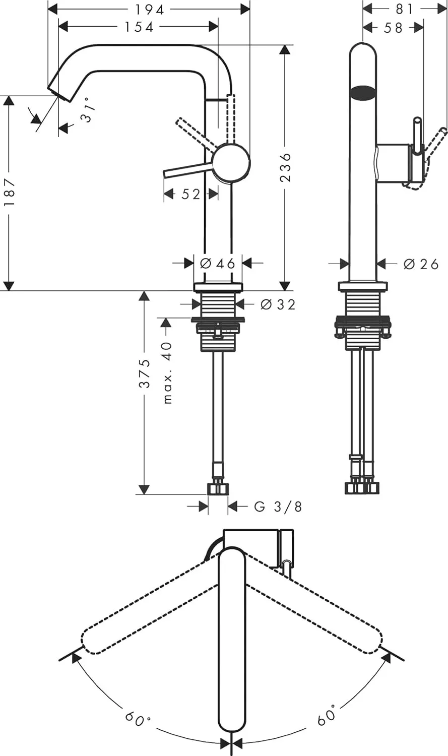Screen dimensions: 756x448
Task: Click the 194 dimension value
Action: pos(150,10)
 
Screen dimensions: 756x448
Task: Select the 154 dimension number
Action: pos(139,27)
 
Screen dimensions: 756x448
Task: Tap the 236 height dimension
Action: pos(285,167)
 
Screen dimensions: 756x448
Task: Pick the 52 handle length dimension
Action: pos(190,194)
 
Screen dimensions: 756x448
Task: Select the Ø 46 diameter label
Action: pos(218,263)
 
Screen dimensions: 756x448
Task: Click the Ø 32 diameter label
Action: pos(278,304)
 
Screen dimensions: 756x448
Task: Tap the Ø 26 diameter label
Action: pos(421,264)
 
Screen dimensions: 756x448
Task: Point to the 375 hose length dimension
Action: pos(145,373)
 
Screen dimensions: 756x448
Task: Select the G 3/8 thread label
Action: pos(278,507)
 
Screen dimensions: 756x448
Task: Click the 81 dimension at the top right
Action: pos(405,9)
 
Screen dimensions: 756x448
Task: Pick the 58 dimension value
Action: pos(394,28)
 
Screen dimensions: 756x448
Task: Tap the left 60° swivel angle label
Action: pos(138,718)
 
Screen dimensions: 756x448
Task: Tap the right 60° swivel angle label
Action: pos(327,716)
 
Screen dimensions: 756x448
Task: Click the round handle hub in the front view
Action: pos(231,162)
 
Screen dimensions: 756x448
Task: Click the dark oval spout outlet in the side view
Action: pos(363,92)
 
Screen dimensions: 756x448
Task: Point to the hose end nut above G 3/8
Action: pos(218,488)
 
